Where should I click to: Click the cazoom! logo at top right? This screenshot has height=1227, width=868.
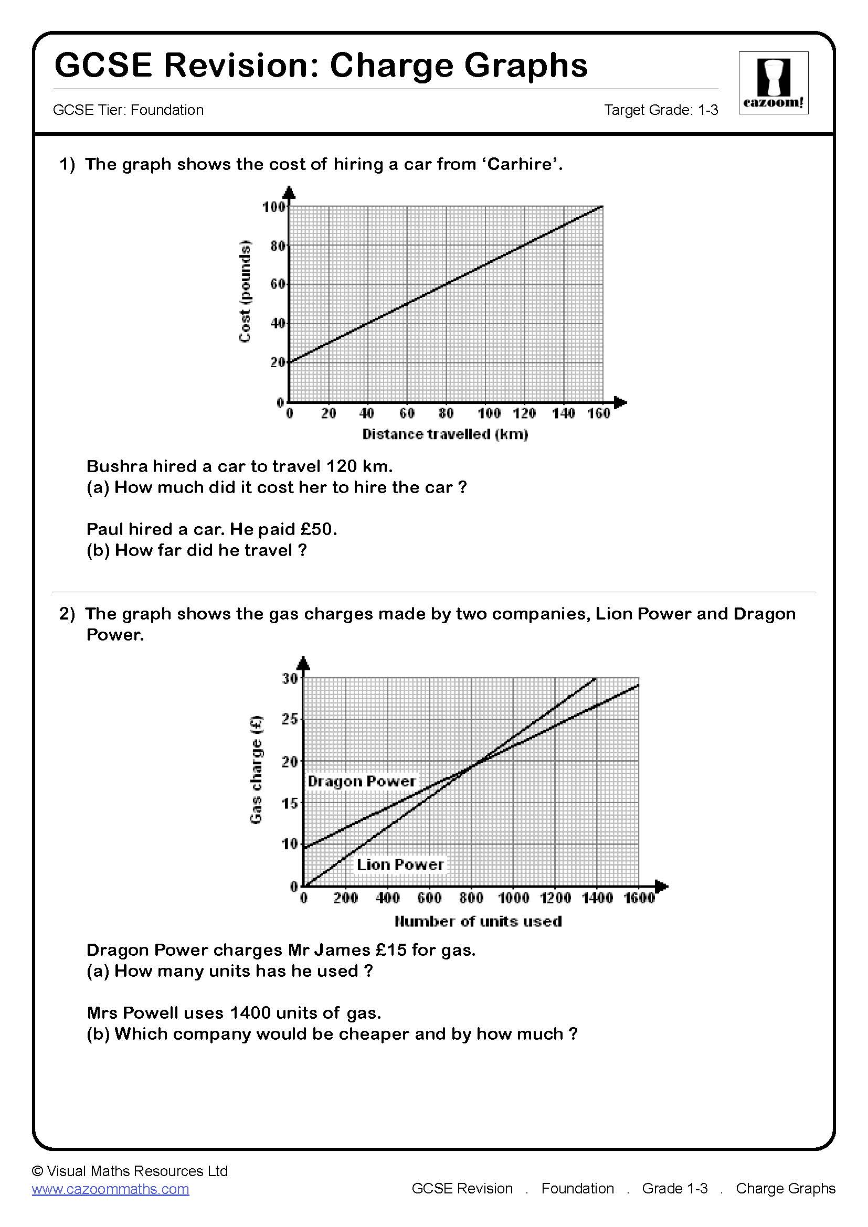click(773, 83)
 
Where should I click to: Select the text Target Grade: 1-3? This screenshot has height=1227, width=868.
click(661, 110)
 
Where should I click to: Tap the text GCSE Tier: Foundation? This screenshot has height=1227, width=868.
click(128, 110)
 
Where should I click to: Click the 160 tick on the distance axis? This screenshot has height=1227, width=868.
click(598, 413)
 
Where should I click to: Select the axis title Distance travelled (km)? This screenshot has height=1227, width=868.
click(444, 434)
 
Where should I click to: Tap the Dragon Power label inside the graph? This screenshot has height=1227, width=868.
click(361, 781)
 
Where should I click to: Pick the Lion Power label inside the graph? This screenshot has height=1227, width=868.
click(400, 864)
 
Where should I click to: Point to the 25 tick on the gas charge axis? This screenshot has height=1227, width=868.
click(289, 720)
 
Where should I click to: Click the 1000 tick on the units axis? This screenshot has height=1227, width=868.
click(513, 898)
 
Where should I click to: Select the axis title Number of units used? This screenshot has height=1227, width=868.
click(478, 921)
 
